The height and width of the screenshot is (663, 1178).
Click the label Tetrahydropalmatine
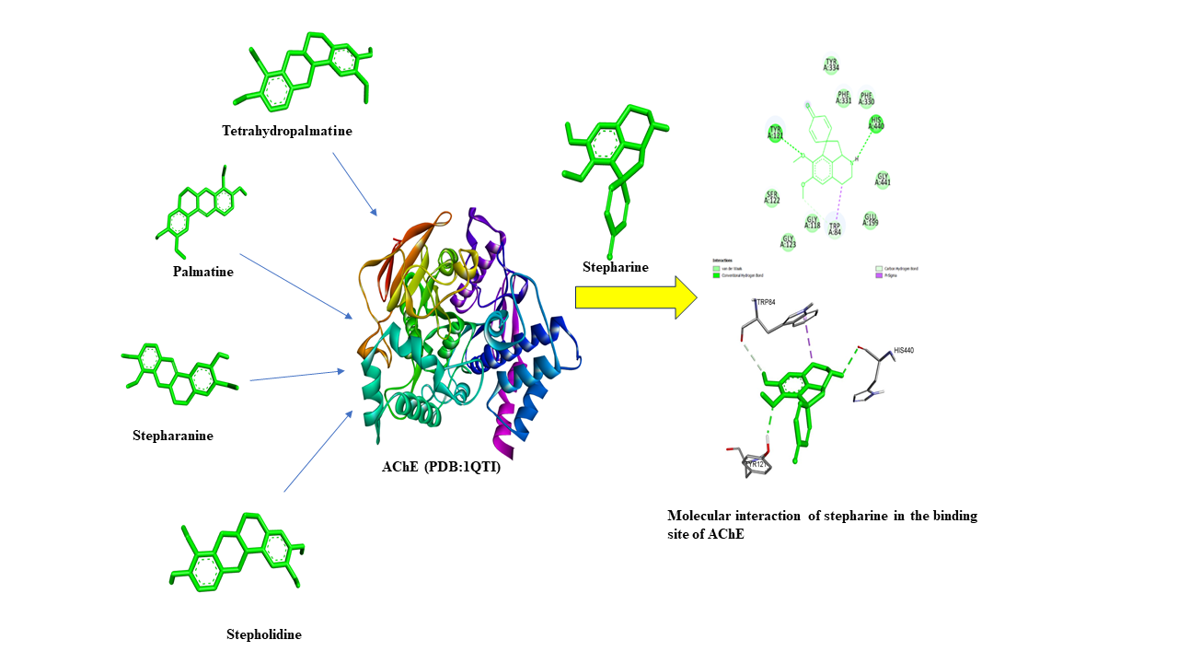coord(287,131)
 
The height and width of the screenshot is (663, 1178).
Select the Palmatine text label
coord(202,272)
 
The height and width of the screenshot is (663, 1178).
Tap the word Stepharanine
coord(172,436)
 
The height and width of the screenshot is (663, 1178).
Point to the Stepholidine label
coord(263,634)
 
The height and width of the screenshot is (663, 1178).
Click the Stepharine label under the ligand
coord(615,268)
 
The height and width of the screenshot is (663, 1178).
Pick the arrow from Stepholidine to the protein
coord(318,451)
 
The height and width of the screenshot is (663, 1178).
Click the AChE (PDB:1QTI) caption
coord(441,467)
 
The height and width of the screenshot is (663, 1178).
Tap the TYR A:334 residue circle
coord(831,64)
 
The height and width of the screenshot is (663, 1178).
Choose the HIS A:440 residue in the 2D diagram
coord(876,123)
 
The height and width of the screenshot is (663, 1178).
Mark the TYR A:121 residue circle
coord(775,133)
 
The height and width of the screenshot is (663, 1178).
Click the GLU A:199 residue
coord(870,220)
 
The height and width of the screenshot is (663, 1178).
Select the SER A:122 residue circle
coord(772,198)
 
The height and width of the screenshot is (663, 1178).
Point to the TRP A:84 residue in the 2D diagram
coord(834,229)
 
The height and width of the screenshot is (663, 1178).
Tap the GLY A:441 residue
coord(883,180)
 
